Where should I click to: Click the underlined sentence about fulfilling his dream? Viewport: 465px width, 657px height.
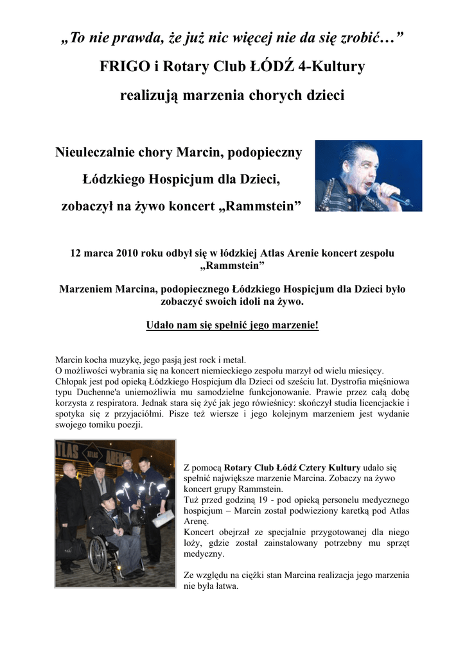point(232,325)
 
